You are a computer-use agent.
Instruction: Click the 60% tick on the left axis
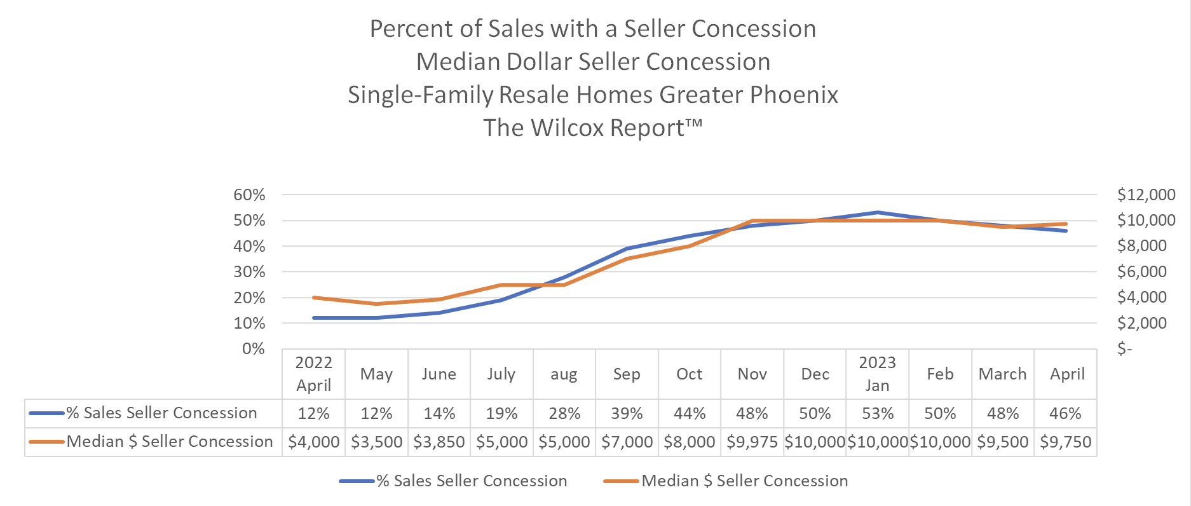pos(249,195)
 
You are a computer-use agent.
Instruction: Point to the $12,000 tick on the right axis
pos(1146,195)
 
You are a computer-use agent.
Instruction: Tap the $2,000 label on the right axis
pos(1141,323)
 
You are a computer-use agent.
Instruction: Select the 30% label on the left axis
pos(249,272)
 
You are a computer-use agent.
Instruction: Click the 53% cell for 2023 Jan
pos(877,414)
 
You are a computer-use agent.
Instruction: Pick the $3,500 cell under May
pos(376,442)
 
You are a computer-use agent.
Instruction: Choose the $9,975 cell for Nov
pos(752,442)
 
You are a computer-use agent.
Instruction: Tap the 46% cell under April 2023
pos(1065,414)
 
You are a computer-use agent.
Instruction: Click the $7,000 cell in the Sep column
pos(627,442)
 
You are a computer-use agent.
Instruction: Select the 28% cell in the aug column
pos(564,414)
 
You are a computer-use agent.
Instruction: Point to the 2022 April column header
pos(314,374)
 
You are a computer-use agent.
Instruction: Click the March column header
pos(1002,374)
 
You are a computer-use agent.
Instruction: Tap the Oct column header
pos(689,374)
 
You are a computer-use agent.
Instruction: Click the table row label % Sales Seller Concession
pos(161,413)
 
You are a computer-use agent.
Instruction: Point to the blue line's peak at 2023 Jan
pos(877,212)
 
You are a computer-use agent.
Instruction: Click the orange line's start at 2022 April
pos(314,297)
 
